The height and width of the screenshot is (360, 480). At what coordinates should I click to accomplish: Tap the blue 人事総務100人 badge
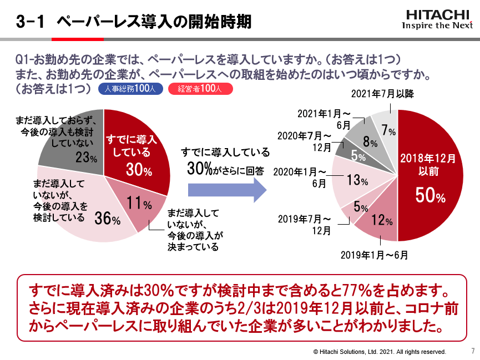click(x=130, y=89)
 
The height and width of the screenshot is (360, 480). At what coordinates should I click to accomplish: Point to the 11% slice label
click(x=139, y=204)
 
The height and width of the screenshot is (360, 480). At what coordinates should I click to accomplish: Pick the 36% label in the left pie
click(x=107, y=219)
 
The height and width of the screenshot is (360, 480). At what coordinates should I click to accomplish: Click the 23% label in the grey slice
click(x=86, y=158)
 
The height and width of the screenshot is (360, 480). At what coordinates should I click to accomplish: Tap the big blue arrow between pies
click(x=227, y=189)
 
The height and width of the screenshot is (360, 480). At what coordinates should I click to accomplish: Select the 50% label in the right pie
click(x=431, y=196)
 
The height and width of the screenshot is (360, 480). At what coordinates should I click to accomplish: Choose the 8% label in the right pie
click(x=370, y=143)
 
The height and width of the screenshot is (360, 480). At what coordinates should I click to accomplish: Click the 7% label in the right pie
click(x=388, y=131)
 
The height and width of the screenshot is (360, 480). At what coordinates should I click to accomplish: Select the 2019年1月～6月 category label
click(x=374, y=255)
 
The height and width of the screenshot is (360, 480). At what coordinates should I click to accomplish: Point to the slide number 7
click(x=472, y=351)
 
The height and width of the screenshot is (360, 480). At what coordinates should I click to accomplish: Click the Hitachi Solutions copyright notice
click(x=380, y=352)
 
